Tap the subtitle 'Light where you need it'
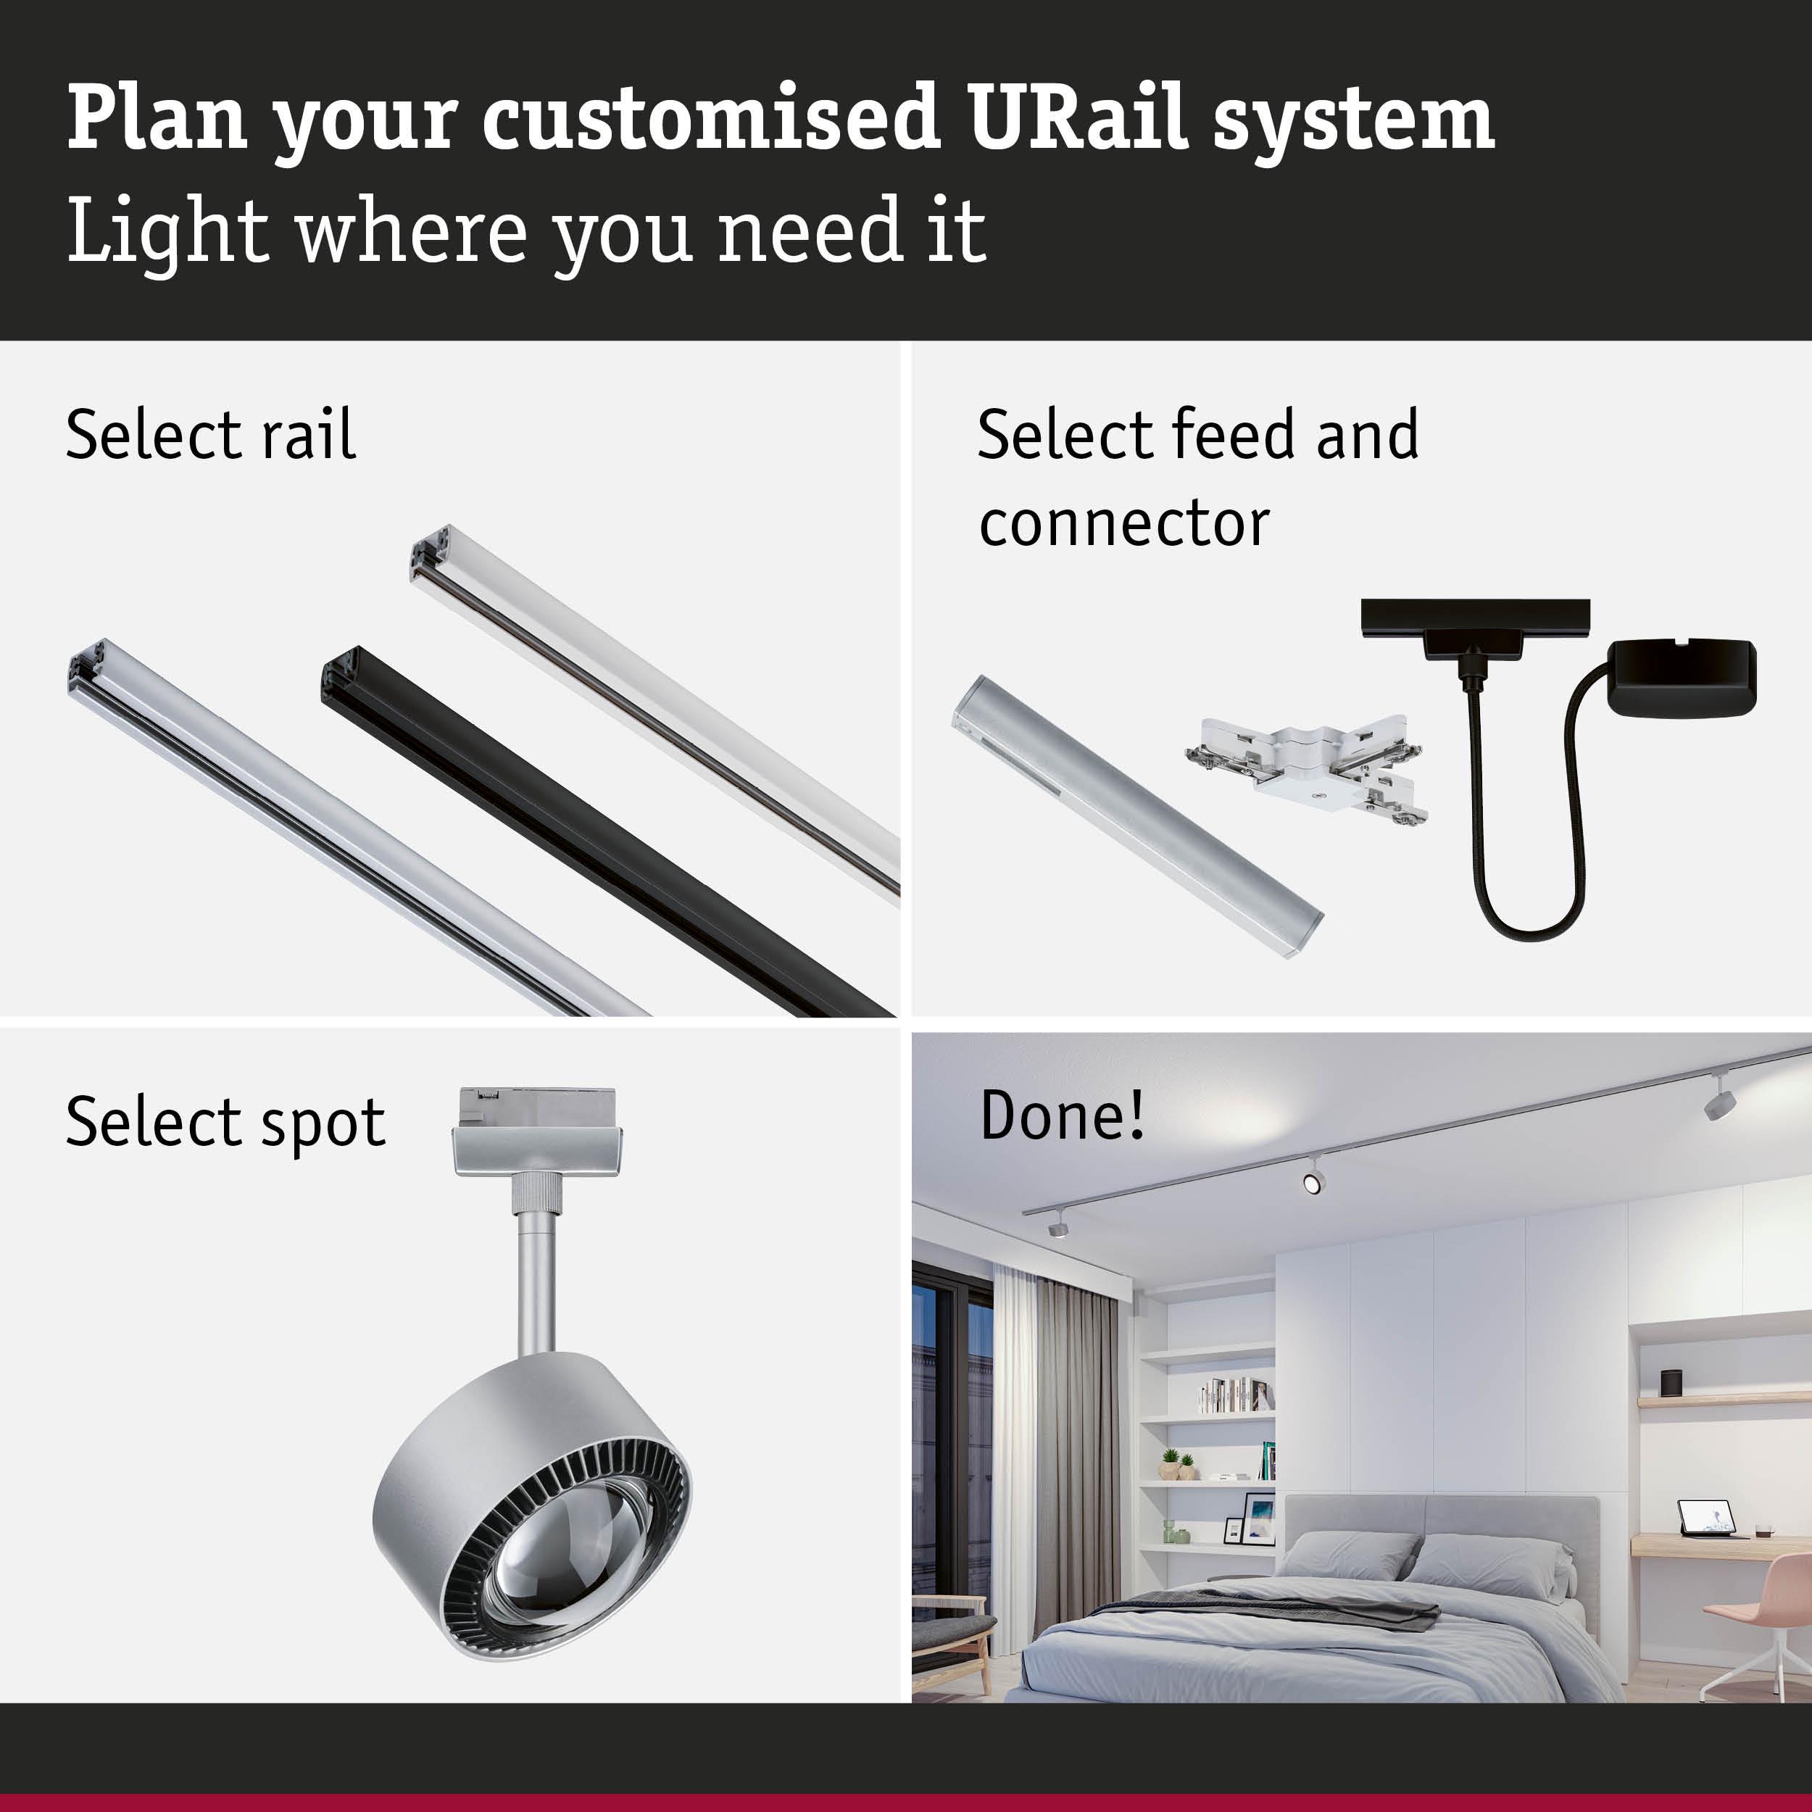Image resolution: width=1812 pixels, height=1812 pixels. tap(525, 230)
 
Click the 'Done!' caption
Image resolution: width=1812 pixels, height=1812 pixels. tap(1062, 1116)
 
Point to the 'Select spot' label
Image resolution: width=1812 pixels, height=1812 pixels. tap(225, 1123)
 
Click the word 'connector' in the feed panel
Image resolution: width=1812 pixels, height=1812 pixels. tap(1123, 524)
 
